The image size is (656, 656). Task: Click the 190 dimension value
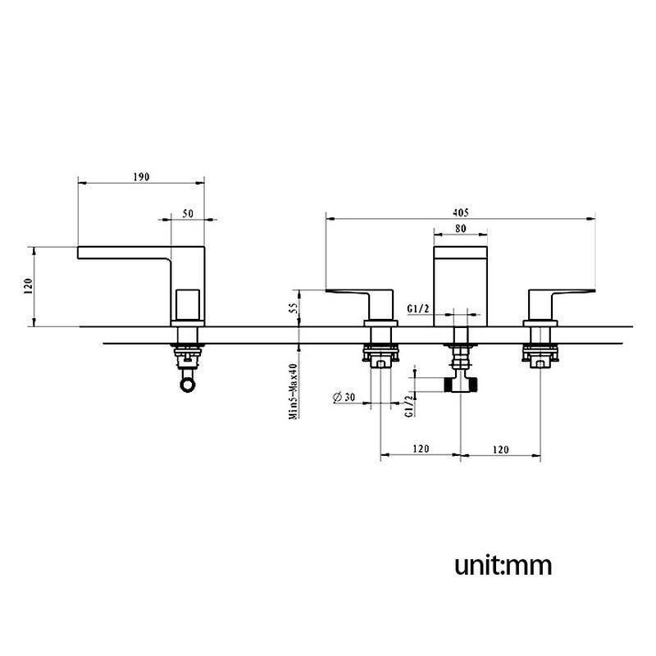click(x=141, y=177)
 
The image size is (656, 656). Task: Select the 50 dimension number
click(x=189, y=213)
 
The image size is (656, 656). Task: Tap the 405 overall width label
click(x=461, y=212)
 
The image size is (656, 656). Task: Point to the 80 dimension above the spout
click(x=460, y=229)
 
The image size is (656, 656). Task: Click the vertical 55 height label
click(x=294, y=308)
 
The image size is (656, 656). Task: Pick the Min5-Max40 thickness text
click(x=294, y=391)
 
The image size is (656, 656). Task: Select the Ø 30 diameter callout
click(x=344, y=397)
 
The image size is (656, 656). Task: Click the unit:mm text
click(x=503, y=566)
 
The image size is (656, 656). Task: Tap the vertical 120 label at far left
click(x=29, y=285)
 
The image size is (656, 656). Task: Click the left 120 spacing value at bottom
click(x=421, y=449)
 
